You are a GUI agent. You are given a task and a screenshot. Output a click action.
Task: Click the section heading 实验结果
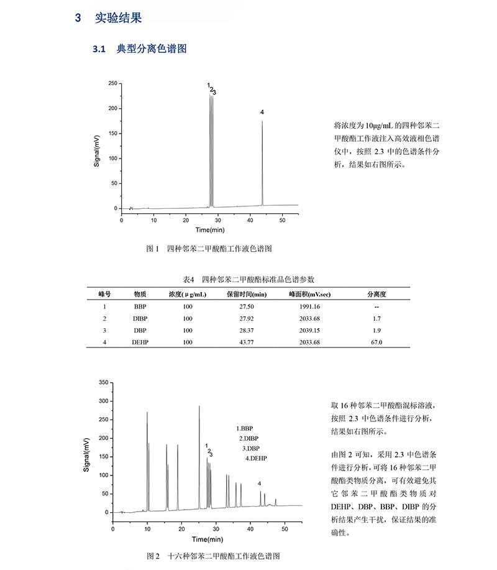tap(118, 18)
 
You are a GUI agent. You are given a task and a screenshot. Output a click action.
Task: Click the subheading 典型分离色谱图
tap(152, 48)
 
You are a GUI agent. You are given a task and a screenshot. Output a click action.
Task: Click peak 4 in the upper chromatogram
tap(262, 121)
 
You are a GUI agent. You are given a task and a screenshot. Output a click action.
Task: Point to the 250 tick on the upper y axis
tap(112, 83)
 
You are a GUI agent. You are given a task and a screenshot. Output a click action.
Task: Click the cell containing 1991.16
tap(309, 307)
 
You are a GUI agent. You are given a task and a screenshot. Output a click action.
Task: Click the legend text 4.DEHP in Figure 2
tap(256, 458)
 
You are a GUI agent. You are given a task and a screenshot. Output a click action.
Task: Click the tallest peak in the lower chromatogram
tap(199, 407)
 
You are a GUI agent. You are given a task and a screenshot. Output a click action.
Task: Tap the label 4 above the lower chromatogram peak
tap(259, 484)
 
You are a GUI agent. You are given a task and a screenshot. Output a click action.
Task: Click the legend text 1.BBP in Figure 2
tap(245, 429)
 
